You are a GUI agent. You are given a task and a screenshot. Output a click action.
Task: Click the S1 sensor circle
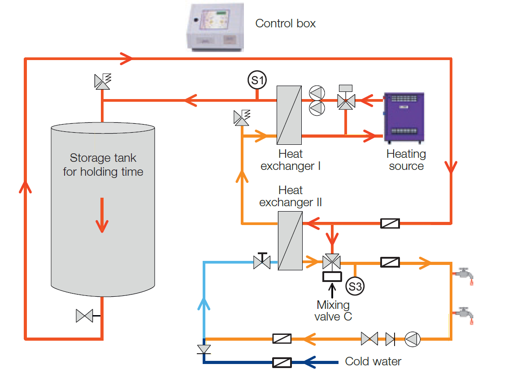pos(257,80)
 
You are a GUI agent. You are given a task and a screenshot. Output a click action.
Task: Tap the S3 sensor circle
pos(355,286)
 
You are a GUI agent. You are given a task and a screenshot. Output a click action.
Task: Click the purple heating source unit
pos(404,118)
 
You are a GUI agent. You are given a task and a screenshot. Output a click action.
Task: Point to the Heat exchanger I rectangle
pos(289,114)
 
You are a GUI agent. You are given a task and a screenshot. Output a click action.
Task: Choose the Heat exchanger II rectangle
pos(290,241)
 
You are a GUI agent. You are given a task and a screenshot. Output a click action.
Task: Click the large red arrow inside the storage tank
pos(103,215)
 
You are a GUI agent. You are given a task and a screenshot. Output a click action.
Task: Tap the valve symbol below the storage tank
pos(84,316)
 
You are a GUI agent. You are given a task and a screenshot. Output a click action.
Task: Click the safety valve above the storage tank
pos(102,81)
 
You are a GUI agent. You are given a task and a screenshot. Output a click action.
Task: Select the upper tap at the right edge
pos(464,274)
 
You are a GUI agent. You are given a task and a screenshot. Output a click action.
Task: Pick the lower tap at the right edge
pos(464,314)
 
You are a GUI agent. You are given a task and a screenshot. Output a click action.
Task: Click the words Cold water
pos(373,361)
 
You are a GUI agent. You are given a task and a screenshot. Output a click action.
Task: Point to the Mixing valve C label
pos(333,311)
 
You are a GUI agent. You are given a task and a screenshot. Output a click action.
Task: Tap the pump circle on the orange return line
pos(412,339)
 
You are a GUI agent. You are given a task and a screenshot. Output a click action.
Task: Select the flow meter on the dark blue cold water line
pos(282,362)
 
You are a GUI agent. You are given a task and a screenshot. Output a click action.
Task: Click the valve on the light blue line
pos(262,261)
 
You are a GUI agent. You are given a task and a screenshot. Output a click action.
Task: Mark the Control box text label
pos(285,23)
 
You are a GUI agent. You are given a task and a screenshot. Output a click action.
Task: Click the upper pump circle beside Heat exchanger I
pos(317,92)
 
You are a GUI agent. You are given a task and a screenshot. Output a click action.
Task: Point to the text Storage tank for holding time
pos(103,165)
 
